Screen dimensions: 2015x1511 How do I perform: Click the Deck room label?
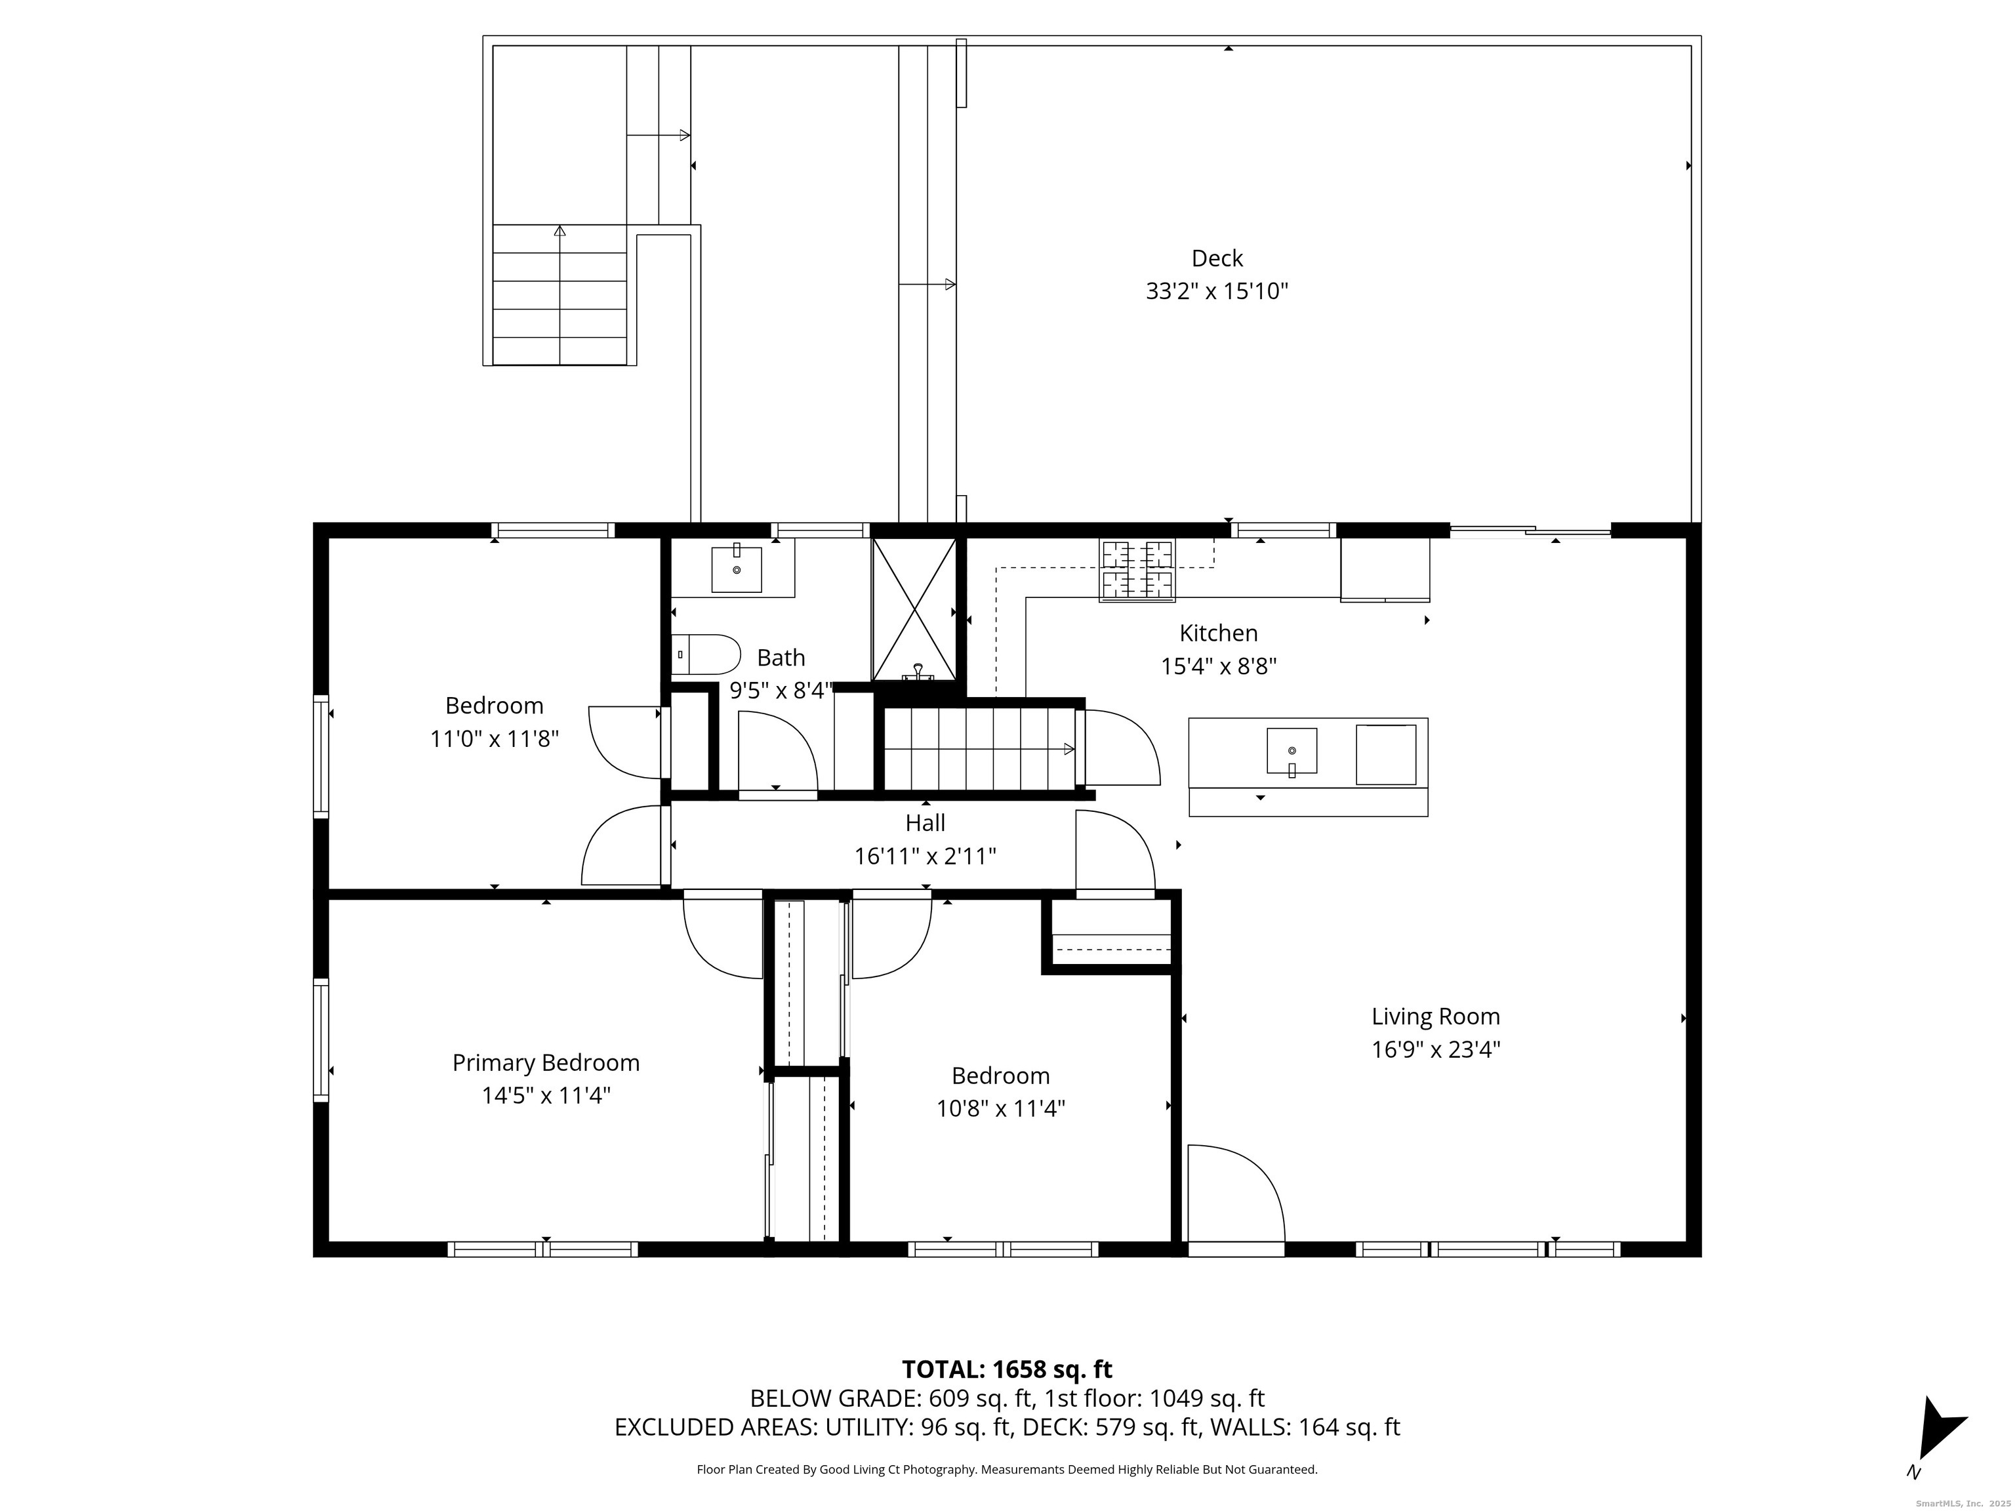pos(1217,258)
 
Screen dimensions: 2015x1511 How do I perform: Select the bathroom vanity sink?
pos(736,569)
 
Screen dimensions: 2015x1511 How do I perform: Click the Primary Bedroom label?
pos(546,1063)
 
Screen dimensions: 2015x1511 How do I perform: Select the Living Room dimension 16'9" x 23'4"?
pos(1436,1049)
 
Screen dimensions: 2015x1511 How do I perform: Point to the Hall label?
pos(925,822)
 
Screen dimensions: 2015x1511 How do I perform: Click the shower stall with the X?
pos(914,609)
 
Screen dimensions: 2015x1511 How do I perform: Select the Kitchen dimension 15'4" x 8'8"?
pos(1218,666)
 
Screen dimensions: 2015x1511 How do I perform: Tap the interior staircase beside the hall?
pos(979,750)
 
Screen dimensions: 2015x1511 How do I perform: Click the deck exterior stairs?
pos(560,295)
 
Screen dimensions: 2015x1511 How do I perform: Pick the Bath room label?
pos(781,658)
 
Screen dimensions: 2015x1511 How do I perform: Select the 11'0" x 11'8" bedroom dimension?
pos(494,738)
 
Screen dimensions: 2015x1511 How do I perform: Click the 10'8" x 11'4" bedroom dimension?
pos(1000,1108)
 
